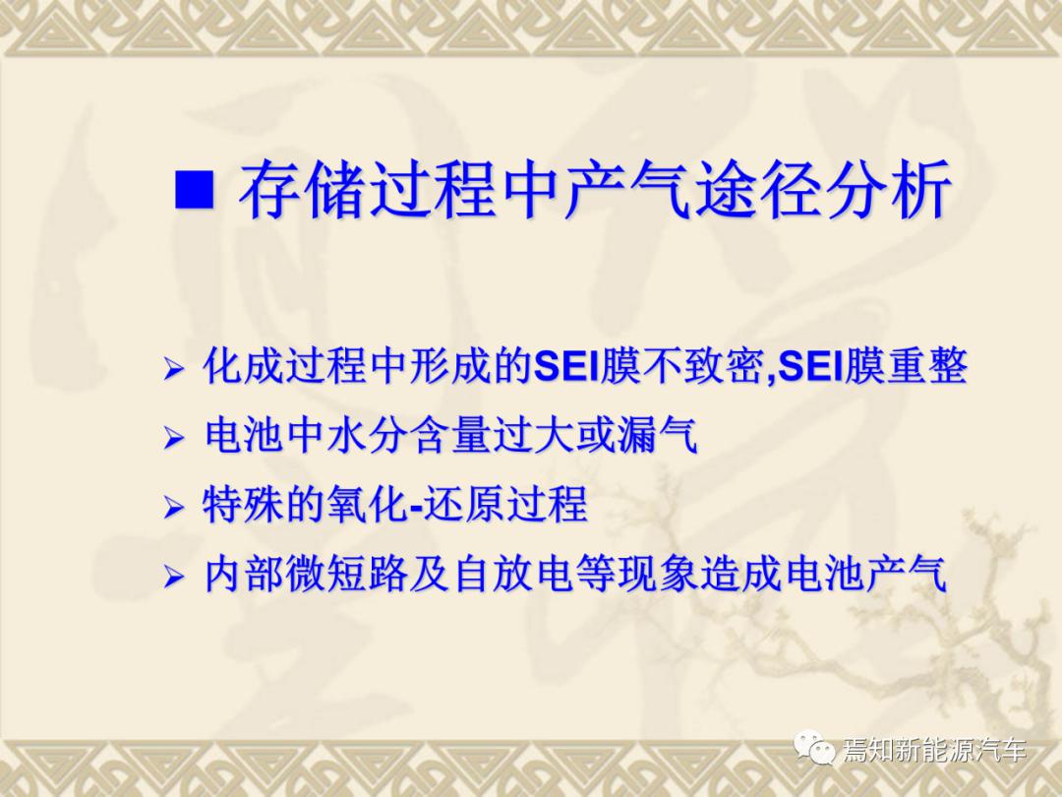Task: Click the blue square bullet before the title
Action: click(195, 189)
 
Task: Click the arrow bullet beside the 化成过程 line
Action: click(173, 369)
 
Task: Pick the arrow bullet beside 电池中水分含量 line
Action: click(173, 439)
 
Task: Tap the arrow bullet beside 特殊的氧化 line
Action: click(173, 507)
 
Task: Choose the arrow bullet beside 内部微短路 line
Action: click(173, 577)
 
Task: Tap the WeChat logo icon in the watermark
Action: click(815, 748)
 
